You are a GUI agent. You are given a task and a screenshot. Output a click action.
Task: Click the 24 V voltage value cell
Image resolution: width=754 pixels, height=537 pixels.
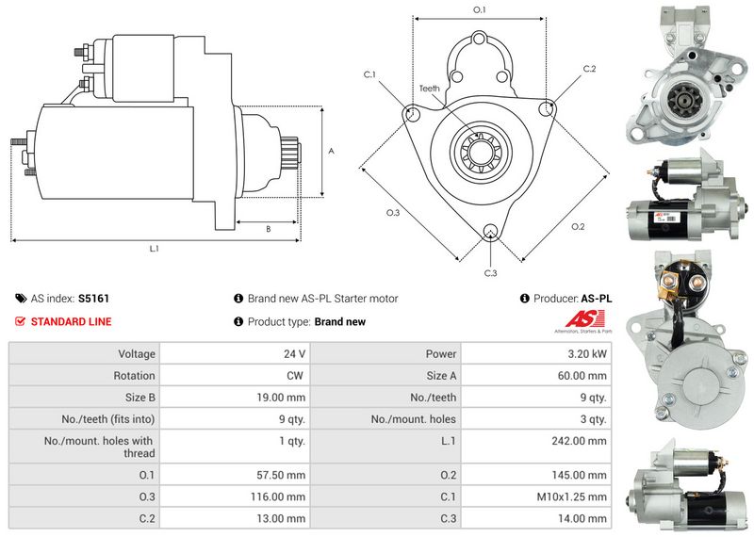294,354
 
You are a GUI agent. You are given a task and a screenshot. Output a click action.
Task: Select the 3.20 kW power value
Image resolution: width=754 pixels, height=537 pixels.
587,354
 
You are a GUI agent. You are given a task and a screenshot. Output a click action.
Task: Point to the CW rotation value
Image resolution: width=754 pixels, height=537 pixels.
294,376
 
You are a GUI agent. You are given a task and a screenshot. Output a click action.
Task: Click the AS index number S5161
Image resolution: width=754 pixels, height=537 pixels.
93,299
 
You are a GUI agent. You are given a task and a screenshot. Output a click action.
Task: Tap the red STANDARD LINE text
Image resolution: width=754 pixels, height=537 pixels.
71,322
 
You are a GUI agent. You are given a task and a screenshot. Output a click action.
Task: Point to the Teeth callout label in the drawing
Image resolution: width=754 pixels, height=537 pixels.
429,89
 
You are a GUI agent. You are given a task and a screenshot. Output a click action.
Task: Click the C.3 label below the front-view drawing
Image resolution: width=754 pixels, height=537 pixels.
490,273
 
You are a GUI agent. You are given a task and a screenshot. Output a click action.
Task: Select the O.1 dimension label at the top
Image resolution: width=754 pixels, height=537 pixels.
479,9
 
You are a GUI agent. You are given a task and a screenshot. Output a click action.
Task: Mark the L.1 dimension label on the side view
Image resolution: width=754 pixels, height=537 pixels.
154,249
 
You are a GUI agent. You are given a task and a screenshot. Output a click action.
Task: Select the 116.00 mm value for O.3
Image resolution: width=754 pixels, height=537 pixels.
283,496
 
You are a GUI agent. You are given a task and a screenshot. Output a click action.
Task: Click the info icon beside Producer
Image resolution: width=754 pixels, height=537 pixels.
524,299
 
